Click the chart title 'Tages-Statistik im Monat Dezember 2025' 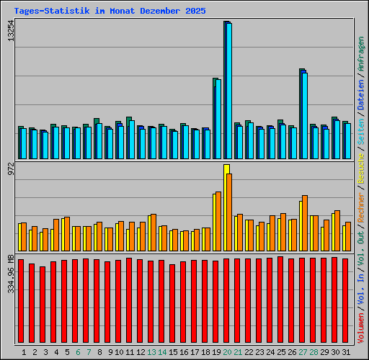[110, 12]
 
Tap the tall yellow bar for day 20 [226, 207]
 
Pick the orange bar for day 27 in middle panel [305, 222]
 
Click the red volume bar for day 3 [43, 305]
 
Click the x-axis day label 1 [25, 352]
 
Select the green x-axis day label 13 [151, 352]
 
